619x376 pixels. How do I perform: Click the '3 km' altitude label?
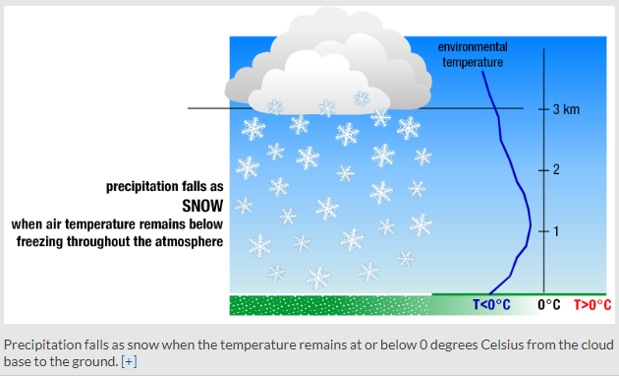[566, 108]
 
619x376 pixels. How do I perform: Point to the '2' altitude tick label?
[555, 170]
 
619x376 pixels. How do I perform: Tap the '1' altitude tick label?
[555, 231]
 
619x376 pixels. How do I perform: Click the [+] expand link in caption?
[129, 362]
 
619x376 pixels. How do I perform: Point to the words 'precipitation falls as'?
[165, 186]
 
